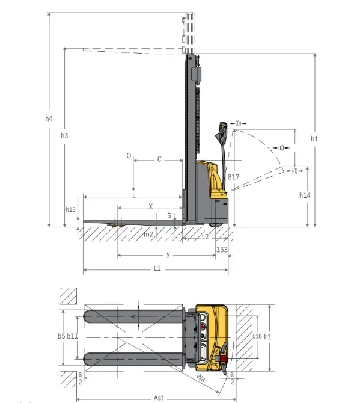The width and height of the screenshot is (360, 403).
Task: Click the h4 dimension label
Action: (49, 118)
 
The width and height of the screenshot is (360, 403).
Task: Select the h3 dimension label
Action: (64, 136)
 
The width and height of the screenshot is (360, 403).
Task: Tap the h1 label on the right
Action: (314, 139)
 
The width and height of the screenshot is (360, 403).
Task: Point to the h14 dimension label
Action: (305, 195)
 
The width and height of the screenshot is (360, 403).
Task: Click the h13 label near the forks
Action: (70, 209)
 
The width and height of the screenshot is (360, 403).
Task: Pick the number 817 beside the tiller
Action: (233, 177)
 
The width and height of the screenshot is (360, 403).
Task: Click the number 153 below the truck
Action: (222, 249)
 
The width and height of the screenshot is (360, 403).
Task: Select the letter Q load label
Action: (128, 155)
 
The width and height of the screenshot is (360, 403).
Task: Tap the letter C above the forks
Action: (159, 159)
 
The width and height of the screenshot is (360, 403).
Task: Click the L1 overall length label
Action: (157, 268)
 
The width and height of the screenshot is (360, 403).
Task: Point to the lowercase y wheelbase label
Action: (168, 254)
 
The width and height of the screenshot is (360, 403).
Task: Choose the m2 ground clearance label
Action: (148, 234)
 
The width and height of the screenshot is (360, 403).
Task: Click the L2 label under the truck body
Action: (204, 236)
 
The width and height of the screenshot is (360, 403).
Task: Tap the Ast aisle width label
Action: (158, 398)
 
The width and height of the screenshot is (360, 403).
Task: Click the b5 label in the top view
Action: (61, 336)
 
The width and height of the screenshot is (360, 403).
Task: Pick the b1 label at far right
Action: (268, 336)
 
